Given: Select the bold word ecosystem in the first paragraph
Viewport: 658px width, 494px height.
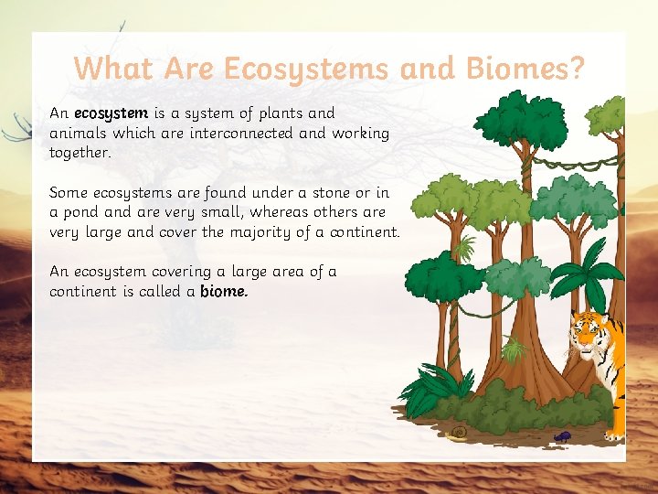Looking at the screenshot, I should [111, 113].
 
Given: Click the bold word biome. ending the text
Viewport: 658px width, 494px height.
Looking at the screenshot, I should [224, 292].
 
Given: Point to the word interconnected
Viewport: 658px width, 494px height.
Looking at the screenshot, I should [235, 134].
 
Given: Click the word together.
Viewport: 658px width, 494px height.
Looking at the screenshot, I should [80, 154].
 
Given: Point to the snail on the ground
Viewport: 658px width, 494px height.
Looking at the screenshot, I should [457, 433].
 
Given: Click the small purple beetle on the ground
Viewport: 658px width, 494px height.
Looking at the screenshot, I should [561, 436].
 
